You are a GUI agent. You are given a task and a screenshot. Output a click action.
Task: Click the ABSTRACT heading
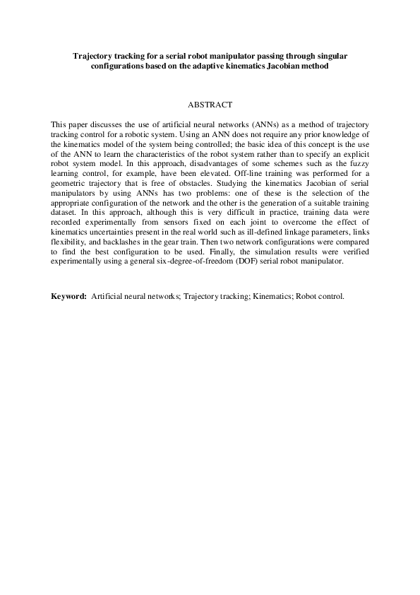(210, 105)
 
